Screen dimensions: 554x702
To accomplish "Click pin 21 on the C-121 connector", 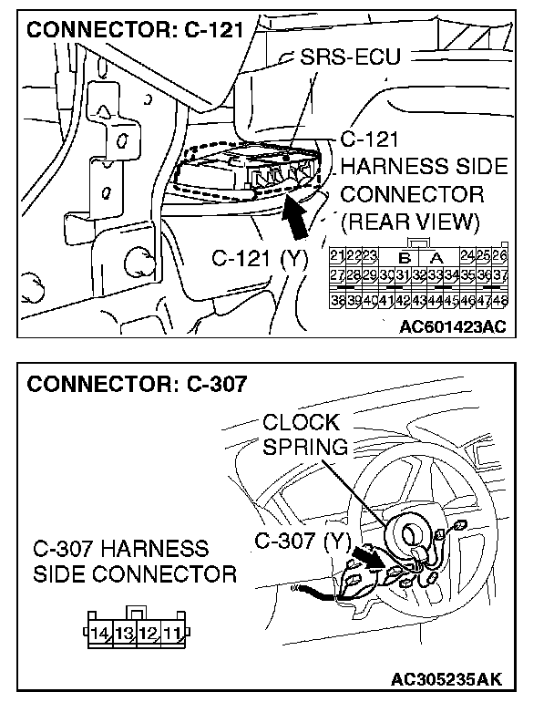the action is coord(336,255).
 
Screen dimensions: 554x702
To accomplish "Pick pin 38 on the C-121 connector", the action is coord(336,297).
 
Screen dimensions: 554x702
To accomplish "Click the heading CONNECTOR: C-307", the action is coord(137,383).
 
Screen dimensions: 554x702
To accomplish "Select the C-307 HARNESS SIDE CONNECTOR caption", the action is coord(134,562).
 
